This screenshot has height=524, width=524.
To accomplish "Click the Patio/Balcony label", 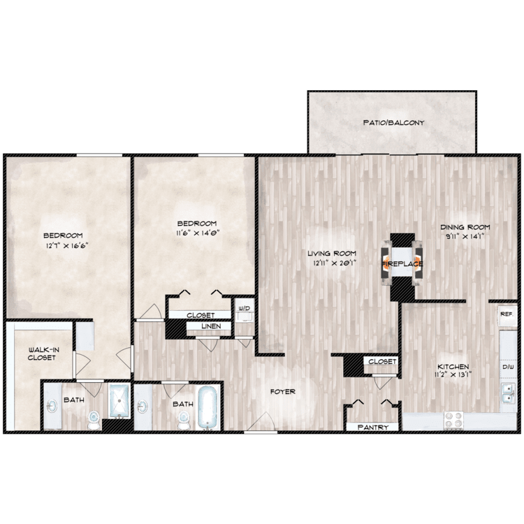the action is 393,123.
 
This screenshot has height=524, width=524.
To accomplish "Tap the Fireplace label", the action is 402,264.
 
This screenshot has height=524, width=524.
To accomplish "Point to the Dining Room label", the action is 465,227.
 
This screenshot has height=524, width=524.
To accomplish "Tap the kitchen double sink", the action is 508,393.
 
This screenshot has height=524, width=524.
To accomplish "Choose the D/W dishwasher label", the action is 508,367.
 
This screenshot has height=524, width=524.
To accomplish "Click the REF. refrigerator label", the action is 507,314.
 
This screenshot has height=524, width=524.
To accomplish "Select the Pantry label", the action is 373,428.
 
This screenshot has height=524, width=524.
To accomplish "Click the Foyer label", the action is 283,392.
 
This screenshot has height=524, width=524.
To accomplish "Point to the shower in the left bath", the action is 119,400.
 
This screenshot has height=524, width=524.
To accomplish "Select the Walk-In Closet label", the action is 42,354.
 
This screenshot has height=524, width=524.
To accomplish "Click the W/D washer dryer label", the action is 244,308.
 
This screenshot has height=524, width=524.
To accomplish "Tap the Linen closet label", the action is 211,326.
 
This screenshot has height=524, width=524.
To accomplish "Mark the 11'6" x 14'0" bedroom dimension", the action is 197,232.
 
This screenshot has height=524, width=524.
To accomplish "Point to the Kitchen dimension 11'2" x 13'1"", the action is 453,374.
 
